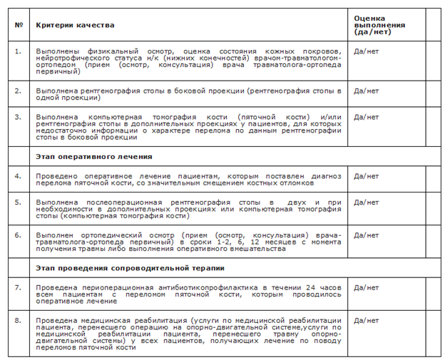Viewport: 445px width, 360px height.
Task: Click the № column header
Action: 18,26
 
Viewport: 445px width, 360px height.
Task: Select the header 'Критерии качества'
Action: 75,26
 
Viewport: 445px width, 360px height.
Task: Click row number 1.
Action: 18,51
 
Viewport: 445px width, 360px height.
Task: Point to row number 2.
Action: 18,91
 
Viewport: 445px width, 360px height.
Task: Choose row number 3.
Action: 18,116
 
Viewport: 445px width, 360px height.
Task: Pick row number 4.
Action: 18,175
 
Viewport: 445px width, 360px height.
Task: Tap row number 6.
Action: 18,235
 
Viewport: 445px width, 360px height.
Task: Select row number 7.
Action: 18,287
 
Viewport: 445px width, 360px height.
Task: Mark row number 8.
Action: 18,322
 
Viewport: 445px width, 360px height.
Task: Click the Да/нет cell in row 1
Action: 367,51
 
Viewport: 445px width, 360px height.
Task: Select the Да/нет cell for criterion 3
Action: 367,116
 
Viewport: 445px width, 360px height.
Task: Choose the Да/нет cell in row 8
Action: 367,322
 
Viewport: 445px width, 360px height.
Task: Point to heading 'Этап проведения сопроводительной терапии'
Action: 131,268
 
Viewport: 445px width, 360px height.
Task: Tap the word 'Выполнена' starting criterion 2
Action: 53,91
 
